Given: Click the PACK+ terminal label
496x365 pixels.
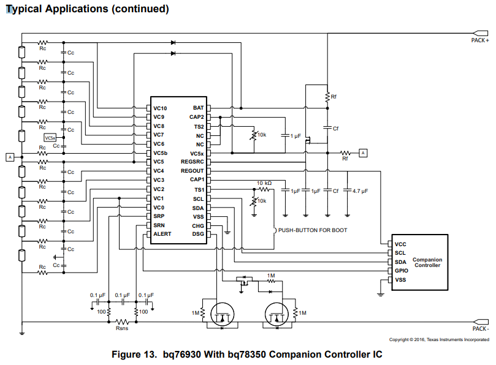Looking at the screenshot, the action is (x=480, y=40).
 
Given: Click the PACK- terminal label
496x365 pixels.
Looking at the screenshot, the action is (x=481, y=329).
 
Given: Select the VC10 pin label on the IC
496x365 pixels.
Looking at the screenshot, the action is (x=160, y=108).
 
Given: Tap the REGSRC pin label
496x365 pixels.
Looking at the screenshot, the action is (x=193, y=162).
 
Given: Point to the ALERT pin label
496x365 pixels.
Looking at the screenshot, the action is (x=162, y=234).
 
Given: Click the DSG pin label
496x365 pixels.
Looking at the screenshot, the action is (x=198, y=234).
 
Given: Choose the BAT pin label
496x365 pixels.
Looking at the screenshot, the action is (x=198, y=108).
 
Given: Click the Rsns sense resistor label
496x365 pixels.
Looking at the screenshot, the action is (x=122, y=328).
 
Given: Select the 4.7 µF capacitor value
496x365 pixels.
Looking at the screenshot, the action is (x=361, y=191).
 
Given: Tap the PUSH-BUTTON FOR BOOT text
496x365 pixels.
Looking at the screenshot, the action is (x=313, y=230).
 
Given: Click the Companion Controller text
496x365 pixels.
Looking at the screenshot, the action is (x=427, y=262).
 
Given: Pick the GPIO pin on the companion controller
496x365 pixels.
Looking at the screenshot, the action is (x=402, y=271).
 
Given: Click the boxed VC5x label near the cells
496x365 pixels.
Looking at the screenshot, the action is (x=50, y=138).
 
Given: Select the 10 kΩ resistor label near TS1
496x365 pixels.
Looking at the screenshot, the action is (x=264, y=183).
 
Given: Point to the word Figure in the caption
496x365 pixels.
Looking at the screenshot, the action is (x=126, y=355).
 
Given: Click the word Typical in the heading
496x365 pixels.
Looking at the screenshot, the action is (x=24, y=9).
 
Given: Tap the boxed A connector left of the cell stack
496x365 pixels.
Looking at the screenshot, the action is (x=10, y=157).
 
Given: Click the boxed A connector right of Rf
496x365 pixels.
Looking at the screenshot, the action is (x=363, y=153).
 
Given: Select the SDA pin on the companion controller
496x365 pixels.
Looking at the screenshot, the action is (x=400, y=262).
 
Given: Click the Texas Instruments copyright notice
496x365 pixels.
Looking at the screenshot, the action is (x=439, y=340).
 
